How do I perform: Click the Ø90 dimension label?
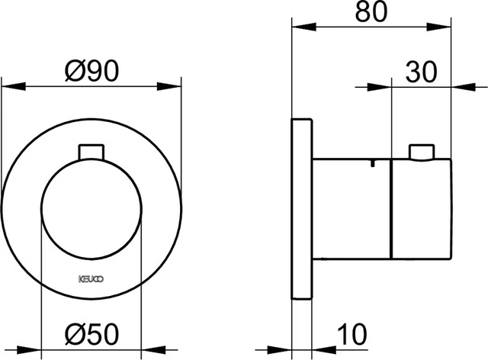[91, 72]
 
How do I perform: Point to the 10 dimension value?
[352, 333]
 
